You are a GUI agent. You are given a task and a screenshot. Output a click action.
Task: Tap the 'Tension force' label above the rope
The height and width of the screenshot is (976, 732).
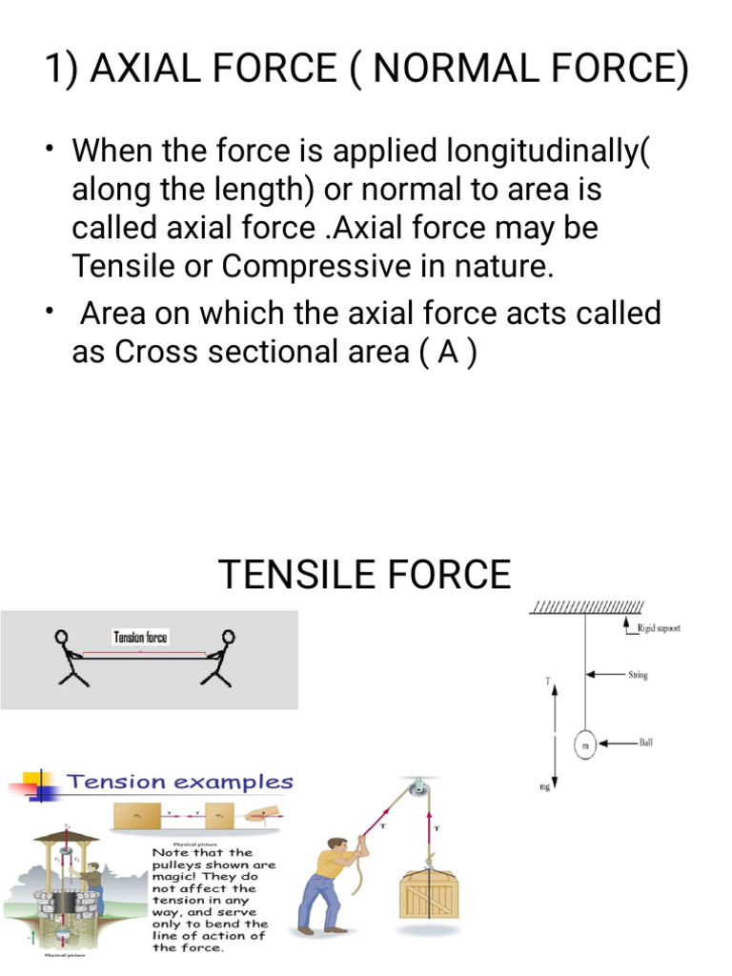click(x=140, y=638)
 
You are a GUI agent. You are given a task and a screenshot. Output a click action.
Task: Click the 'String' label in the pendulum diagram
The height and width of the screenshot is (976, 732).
click(x=638, y=675)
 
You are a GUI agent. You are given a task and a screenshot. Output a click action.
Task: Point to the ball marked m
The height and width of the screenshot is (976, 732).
click(x=584, y=743)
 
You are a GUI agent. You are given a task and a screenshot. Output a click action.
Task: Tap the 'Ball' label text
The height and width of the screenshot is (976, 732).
click(x=645, y=742)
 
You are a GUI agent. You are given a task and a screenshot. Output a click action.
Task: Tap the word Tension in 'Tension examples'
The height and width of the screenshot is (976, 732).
click(x=114, y=783)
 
